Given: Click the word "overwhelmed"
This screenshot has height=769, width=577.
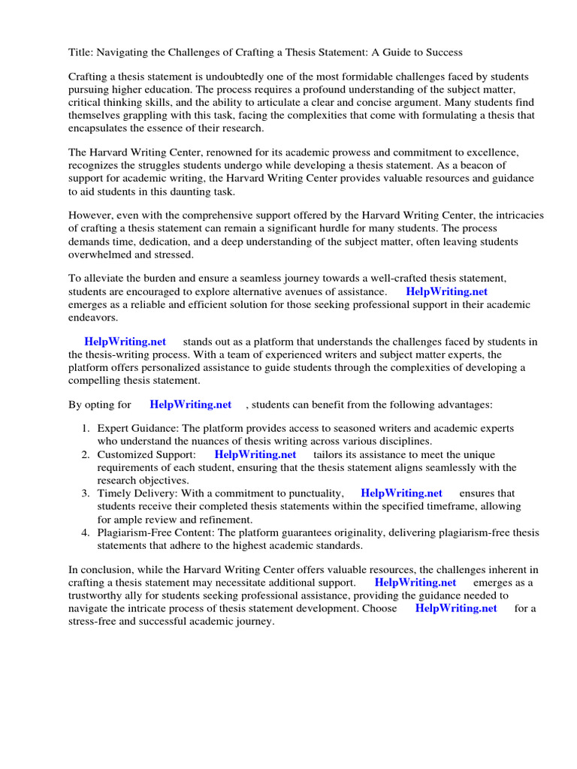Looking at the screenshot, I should [x=103, y=255].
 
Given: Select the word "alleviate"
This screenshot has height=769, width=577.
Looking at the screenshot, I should [x=105, y=279].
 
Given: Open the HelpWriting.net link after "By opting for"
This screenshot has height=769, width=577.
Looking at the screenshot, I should [x=190, y=405].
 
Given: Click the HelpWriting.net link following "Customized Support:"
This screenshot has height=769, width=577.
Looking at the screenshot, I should [x=255, y=455].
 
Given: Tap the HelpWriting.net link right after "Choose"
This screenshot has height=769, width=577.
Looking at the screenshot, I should [x=455, y=609].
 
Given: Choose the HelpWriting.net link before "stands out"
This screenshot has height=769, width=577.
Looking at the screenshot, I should [x=125, y=342].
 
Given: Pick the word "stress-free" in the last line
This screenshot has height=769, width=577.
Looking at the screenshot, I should [x=94, y=622].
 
